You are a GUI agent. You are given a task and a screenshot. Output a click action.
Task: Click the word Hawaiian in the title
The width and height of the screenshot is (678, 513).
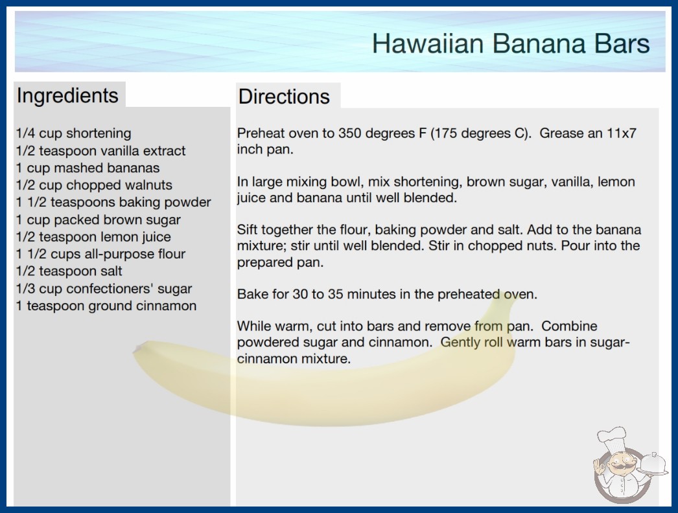click(427, 43)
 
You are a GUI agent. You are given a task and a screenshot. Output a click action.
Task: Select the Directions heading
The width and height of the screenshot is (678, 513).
click(284, 97)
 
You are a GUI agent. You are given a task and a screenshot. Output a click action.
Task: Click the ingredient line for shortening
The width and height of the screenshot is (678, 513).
click(73, 133)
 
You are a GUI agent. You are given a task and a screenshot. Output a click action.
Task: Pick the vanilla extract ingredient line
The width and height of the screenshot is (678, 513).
click(100, 151)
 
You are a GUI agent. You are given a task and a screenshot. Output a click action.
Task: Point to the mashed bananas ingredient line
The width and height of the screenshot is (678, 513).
click(88, 168)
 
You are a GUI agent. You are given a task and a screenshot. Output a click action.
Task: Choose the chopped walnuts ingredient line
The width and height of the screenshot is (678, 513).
click(94, 185)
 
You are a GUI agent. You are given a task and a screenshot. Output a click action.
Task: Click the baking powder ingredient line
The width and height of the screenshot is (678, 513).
click(113, 202)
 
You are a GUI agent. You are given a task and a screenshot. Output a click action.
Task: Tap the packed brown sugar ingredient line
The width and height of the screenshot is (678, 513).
click(98, 220)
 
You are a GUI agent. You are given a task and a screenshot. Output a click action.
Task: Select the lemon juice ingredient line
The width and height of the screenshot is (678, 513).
click(93, 237)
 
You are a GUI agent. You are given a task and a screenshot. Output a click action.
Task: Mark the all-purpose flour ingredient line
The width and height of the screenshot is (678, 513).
click(100, 254)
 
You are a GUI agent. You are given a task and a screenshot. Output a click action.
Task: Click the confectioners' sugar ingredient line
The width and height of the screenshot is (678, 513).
click(104, 289)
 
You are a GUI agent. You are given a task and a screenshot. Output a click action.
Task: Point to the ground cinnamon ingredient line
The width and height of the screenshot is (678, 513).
click(106, 306)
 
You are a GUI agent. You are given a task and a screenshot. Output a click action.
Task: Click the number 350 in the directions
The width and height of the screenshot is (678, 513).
click(350, 133)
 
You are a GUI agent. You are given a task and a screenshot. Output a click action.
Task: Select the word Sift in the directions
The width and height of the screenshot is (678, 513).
click(247, 229)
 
